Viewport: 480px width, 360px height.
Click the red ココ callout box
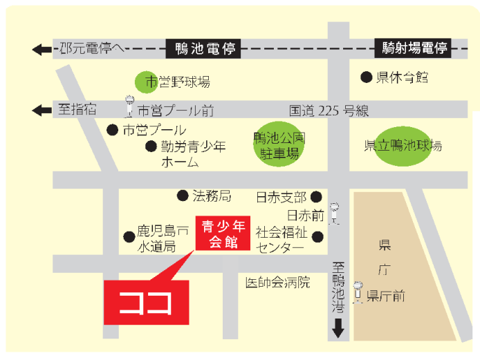(146, 303)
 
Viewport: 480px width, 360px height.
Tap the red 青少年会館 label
(219, 234)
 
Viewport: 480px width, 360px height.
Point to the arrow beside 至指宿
(42, 110)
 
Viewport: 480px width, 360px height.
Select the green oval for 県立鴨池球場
(403, 145)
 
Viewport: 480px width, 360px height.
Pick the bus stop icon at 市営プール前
(129, 106)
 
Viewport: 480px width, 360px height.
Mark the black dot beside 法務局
(183, 196)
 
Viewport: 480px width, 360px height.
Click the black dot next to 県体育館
(366, 77)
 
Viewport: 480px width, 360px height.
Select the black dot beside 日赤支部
(316, 197)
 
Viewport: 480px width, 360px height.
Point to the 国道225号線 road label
(329, 111)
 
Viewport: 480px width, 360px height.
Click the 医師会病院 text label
(277, 282)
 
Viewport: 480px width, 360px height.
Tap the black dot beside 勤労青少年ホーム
(151, 146)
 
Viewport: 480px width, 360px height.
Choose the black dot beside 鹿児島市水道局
(129, 236)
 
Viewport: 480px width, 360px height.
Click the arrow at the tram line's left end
(42, 50)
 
